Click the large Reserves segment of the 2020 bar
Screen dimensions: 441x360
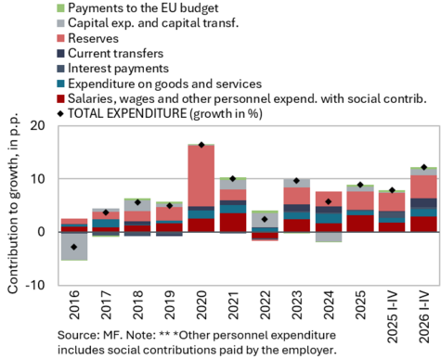coord(201,175)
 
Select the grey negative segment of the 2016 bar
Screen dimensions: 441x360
coord(74,246)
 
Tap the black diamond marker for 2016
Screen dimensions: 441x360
coord(74,247)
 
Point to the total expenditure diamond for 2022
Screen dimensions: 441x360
coord(265,219)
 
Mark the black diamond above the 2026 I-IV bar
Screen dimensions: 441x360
coord(424,167)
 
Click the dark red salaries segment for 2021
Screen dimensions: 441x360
coord(233,223)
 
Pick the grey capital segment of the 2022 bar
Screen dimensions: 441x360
coord(265,220)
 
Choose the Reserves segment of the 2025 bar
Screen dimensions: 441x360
coord(360,200)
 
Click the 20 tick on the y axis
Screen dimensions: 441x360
coord(37,125)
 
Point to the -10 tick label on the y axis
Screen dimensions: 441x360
coord(35,285)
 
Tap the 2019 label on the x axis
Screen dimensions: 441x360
coord(170,304)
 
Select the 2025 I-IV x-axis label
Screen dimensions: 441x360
coord(393,317)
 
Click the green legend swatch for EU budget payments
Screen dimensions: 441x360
coord(60,8)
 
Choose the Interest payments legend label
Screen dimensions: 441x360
coord(118,69)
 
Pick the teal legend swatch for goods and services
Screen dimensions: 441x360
coord(60,84)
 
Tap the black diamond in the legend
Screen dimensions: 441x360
coord(60,114)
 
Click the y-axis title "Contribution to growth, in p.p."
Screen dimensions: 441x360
coord(13,203)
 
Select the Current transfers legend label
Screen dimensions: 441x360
coord(116,53)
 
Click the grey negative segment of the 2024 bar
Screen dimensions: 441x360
coord(329,237)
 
